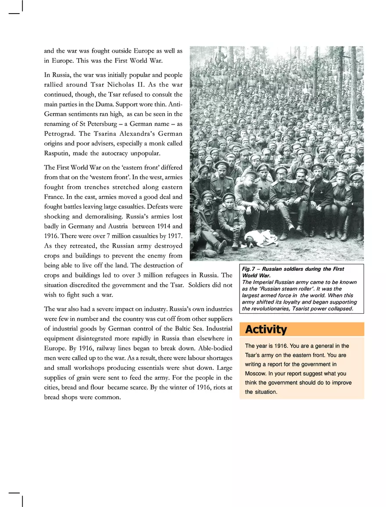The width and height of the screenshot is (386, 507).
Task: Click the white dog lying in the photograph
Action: click(261, 238)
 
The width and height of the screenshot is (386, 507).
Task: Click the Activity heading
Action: click(266, 330)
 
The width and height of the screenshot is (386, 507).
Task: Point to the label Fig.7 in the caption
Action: click(249, 269)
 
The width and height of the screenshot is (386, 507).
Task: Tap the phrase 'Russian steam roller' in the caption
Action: click(273, 289)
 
